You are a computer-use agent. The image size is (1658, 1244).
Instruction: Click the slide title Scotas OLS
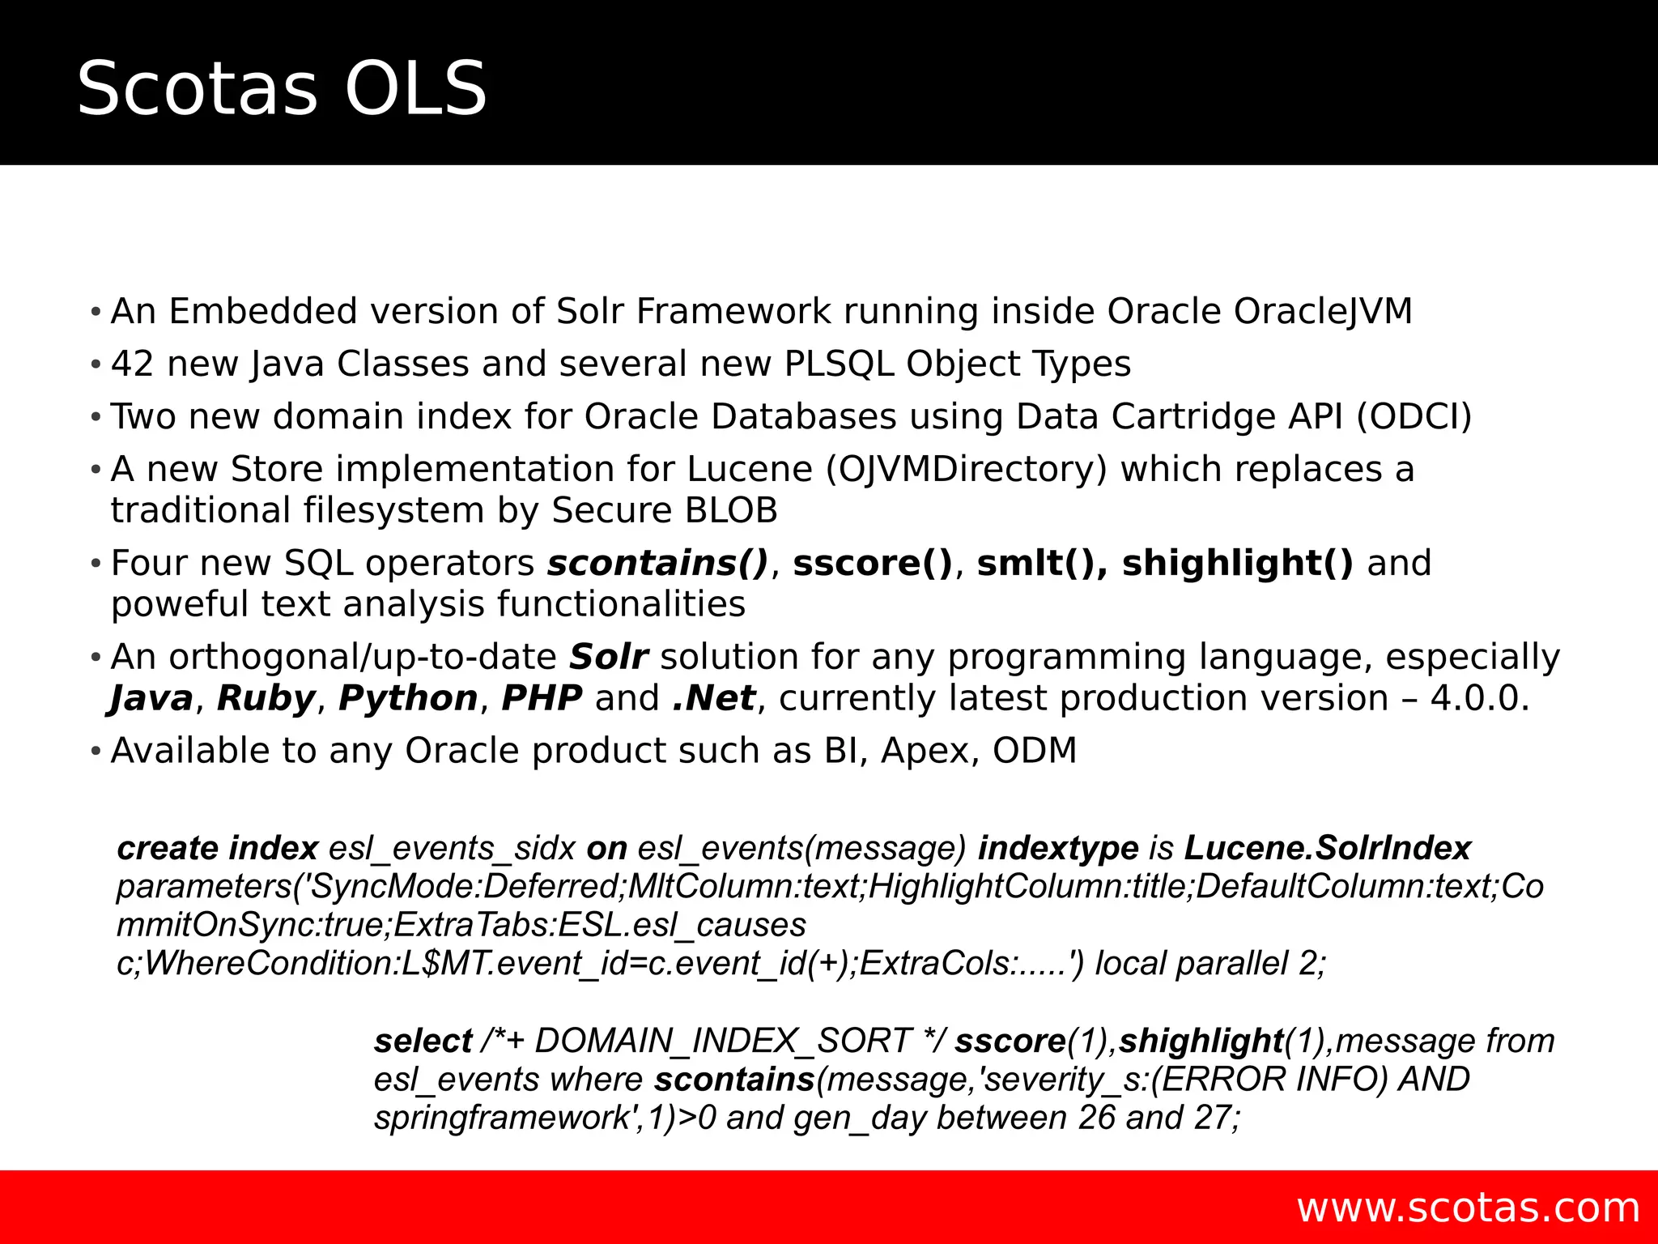click(282, 89)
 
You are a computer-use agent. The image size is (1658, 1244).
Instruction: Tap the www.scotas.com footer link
click(1468, 1208)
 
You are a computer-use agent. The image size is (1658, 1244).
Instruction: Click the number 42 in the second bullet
click(132, 364)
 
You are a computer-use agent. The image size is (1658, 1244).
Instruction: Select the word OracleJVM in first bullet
click(1323, 312)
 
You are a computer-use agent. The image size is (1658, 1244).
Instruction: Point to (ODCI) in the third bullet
click(1414, 417)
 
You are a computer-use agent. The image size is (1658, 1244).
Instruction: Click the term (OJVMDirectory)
click(966, 470)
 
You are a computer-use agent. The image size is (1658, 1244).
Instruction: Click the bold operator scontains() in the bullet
click(657, 564)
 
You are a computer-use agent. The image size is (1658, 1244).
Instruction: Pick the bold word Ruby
click(266, 699)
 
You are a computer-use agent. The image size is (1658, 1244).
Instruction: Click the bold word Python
click(408, 699)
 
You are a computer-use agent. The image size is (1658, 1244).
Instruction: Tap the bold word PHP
click(542, 699)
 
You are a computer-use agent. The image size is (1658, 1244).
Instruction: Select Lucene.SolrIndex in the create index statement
click(1327, 849)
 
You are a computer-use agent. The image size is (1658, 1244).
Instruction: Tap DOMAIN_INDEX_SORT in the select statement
click(723, 1042)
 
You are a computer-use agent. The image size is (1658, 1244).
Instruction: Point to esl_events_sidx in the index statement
click(452, 849)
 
